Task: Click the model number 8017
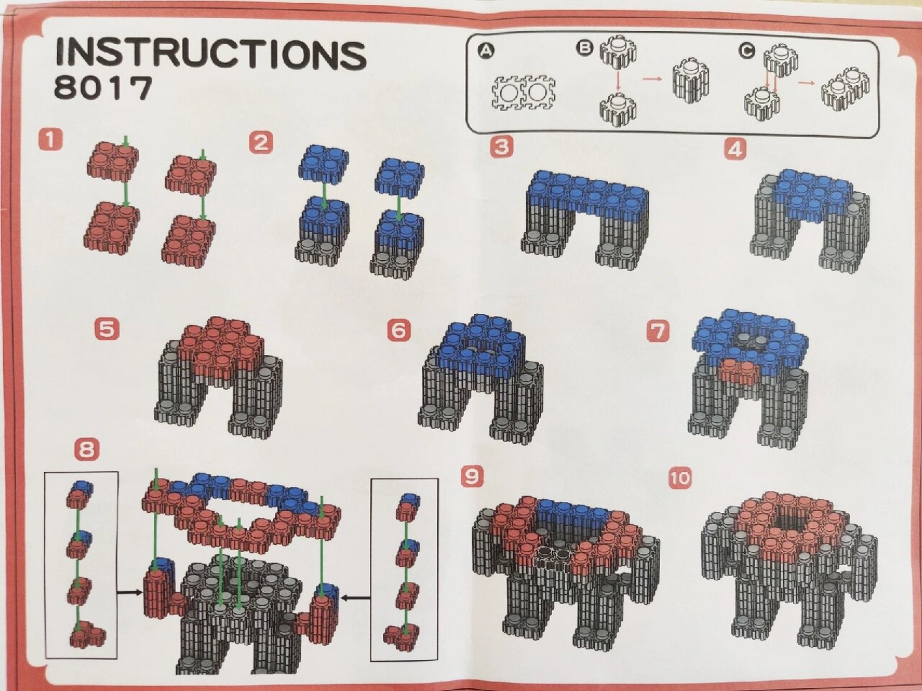103,88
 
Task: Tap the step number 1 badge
50,140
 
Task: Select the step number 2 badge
261,143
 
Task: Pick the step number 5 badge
107,329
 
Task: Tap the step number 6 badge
399,330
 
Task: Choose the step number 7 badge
658,330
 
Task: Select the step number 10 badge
680,478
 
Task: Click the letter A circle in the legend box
486,51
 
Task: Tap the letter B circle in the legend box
585,48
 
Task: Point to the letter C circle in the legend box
747,50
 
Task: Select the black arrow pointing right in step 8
130,592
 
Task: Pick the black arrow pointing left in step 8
357,597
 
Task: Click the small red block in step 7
738,371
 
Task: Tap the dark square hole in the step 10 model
790,522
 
